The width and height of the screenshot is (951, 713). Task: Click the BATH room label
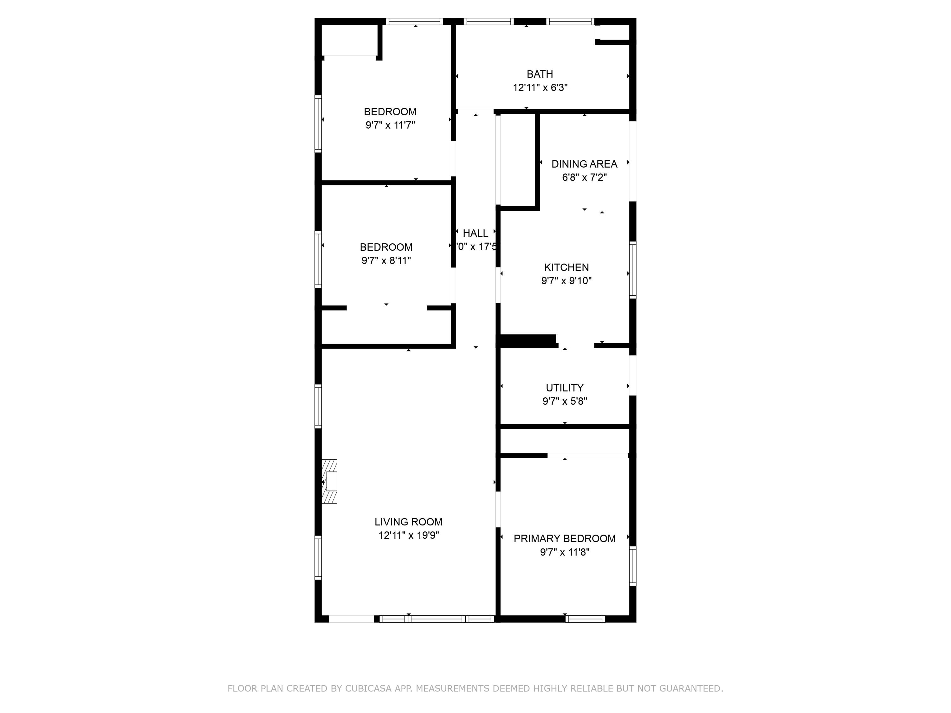[x=540, y=74]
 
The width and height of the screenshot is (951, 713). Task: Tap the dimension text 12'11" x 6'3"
[x=540, y=88]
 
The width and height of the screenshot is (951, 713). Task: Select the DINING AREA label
[x=584, y=164]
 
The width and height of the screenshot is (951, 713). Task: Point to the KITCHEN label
[x=566, y=267]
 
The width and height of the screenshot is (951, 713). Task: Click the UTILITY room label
[x=565, y=388]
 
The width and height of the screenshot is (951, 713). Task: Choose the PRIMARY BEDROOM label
[x=565, y=538]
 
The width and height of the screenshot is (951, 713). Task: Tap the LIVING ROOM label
[x=408, y=522]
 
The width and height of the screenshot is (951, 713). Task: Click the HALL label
[x=475, y=233]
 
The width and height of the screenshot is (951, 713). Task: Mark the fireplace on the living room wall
[x=330, y=481]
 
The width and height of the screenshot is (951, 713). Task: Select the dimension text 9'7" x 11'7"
[x=390, y=125]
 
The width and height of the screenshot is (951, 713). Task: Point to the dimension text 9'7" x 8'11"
[x=386, y=260]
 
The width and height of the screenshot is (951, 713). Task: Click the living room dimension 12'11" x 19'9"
[x=408, y=535]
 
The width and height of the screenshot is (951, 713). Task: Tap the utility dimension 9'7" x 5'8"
[x=565, y=401]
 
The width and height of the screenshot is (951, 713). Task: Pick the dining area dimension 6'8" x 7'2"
[x=584, y=177]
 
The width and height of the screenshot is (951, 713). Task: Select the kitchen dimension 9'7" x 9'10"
[x=566, y=281]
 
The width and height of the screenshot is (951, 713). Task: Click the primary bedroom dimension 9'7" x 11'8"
[x=565, y=552]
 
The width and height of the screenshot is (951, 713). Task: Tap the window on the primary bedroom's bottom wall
[x=585, y=619]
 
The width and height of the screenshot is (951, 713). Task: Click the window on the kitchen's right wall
[x=633, y=270]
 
